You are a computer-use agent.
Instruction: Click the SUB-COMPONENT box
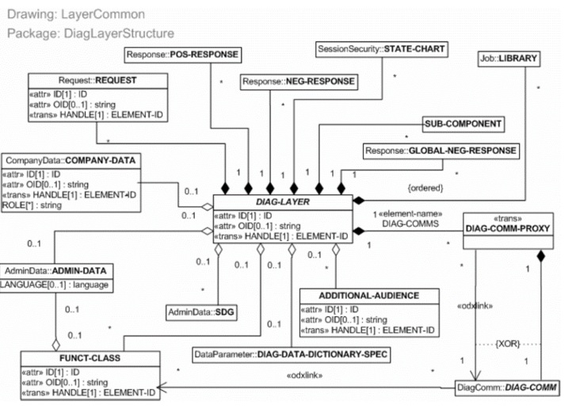click(x=461, y=125)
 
